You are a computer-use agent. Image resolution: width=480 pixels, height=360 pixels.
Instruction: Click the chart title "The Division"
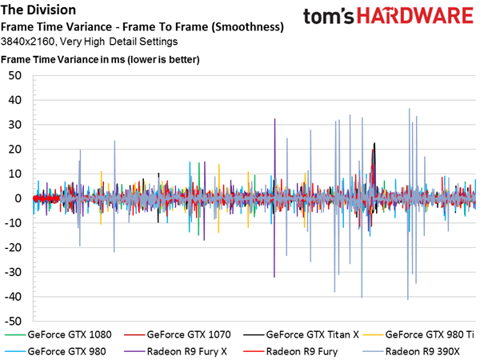[x=38, y=10]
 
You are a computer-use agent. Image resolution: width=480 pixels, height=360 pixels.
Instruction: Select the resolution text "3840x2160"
[x=27, y=42]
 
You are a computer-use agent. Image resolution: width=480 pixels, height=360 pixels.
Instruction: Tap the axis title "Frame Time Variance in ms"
[x=62, y=59]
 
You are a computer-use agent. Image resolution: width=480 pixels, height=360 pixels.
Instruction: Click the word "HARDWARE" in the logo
[x=415, y=16]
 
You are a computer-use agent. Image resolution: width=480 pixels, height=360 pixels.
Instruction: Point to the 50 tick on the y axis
[x=15, y=76]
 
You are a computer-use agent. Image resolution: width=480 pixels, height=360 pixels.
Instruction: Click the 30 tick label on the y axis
[x=15, y=125]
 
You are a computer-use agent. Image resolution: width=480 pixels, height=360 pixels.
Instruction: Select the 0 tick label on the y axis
[x=18, y=198]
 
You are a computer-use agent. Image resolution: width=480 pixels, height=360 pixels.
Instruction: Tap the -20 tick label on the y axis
[x=13, y=248]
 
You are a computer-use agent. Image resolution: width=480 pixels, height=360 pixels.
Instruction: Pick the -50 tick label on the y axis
[x=13, y=322]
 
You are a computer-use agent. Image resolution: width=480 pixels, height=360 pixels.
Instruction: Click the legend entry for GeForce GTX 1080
[x=58, y=334]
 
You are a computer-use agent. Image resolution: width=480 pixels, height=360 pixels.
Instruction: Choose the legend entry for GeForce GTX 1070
[x=178, y=334]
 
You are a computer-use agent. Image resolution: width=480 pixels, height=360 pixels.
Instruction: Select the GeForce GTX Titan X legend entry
[x=302, y=334]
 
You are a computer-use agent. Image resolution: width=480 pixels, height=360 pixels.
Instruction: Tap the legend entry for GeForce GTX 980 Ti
[x=418, y=334]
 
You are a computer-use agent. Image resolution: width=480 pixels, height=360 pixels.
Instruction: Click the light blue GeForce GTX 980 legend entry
[x=55, y=351]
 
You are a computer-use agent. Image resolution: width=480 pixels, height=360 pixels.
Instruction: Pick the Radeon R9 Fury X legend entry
[x=175, y=351]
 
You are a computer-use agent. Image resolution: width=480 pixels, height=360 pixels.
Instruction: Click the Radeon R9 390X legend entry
[x=411, y=351]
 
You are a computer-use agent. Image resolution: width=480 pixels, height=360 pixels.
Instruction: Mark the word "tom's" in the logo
[x=329, y=17]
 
